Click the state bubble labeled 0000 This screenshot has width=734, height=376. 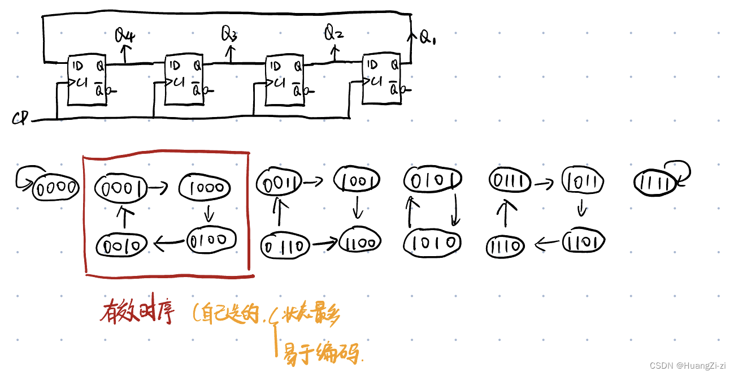click(55, 188)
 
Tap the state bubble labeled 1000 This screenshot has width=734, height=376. click(205, 187)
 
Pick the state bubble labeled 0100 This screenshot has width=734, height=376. click(211, 240)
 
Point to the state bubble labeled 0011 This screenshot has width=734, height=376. click(276, 181)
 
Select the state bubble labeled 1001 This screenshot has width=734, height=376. click(357, 180)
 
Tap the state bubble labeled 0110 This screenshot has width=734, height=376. click(285, 245)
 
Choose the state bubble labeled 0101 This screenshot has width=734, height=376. click(432, 180)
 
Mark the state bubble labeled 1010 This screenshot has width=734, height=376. click(432, 243)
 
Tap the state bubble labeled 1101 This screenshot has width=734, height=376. click(584, 242)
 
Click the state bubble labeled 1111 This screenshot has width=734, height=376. click(655, 183)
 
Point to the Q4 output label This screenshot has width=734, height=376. click(125, 36)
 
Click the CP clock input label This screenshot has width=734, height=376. click(20, 119)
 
